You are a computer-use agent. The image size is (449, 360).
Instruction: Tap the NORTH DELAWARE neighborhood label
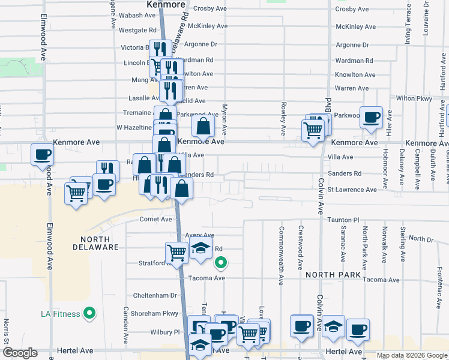click(96, 242)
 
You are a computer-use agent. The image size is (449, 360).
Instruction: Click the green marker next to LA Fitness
click(89, 313)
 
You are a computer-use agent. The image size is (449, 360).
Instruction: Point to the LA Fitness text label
click(61, 314)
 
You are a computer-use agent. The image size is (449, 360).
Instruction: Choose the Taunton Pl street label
click(343, 220)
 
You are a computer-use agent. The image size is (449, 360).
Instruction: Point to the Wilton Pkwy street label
click(414, 98)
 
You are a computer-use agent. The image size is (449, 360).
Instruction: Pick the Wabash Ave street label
click(137, 16)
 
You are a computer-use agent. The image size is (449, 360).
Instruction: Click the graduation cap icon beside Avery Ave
click(200, 248)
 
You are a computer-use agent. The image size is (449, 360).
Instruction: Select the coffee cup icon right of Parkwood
click(371, 116)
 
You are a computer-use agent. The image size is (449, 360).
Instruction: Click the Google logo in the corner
click(19, 353)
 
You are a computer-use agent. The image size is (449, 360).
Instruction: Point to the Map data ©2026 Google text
click(412, 355)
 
